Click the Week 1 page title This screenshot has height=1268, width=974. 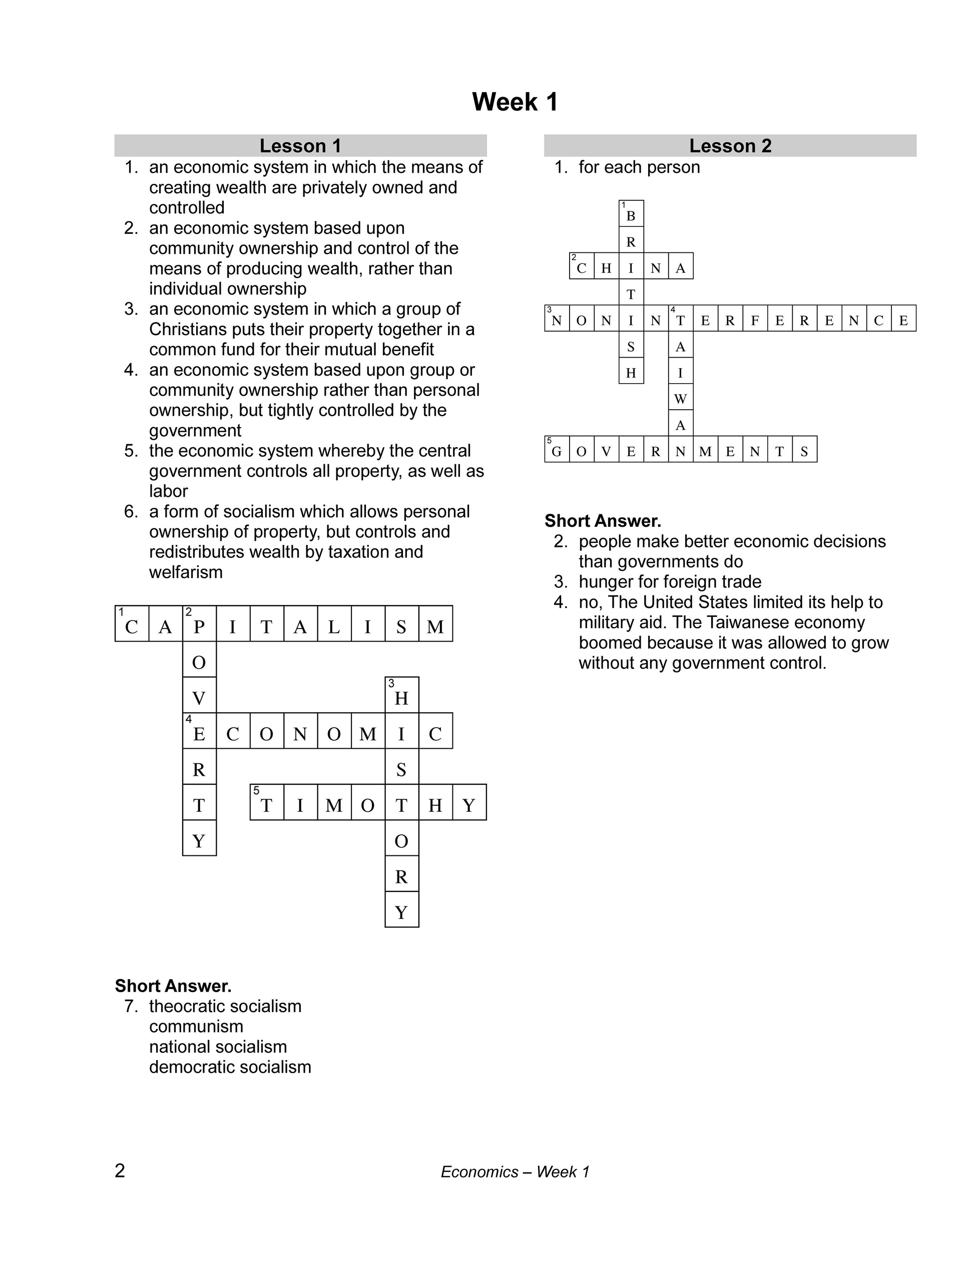coord(515,102)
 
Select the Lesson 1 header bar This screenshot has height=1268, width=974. coord(300,146)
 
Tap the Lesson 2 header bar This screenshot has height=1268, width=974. coord(730,146)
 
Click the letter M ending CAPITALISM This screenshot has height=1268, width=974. coord(435,626)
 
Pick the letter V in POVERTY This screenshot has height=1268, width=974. coord(199,698)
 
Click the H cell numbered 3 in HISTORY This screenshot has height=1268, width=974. coord(401,698)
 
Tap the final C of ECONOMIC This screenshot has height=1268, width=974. coord(435,734)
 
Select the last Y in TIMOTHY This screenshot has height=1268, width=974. coord(469,805)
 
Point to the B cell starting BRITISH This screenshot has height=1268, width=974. coord(631,216)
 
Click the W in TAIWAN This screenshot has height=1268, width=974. coord(681,399)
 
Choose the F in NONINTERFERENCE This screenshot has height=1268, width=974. coord(755,320)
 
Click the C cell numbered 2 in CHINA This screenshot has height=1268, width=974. coord(582,268)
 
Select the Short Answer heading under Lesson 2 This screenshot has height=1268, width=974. coord(603,521)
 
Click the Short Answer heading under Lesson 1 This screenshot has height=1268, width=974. coord(173,986)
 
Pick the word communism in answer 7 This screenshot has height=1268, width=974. coord(196,1026)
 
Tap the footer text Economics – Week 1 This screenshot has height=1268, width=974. coord(515,1172)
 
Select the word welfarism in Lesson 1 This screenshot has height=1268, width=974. coord(186,572)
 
